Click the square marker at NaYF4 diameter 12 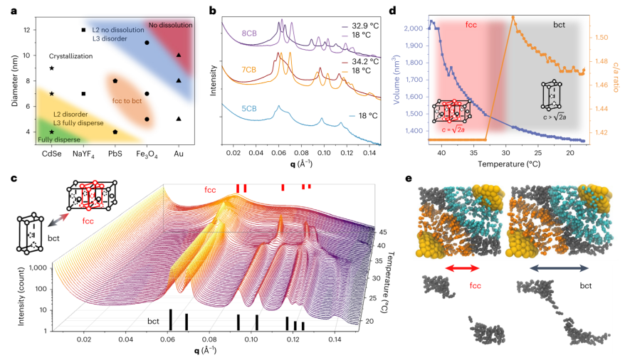pos(83,30)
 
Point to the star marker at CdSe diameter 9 pos(51,68)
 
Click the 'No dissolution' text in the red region pos(167,26)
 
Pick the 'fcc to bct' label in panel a pos(127,101)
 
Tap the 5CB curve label pos(231,108)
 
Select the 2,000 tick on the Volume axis pos(407,29)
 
